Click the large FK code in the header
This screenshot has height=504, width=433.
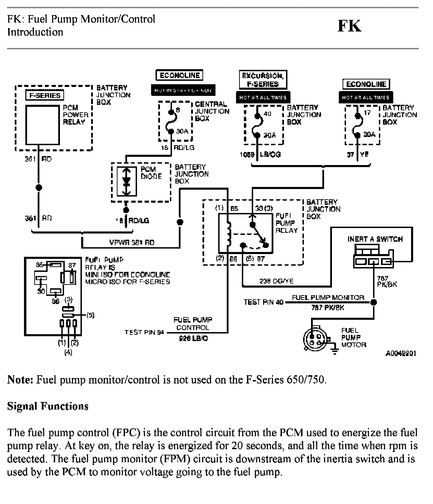349,26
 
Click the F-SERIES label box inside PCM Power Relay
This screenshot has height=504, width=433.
45,96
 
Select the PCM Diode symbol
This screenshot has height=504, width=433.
126,181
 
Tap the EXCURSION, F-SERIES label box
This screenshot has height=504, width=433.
263,80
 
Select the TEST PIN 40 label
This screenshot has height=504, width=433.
263,302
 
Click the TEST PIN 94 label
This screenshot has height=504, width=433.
144,332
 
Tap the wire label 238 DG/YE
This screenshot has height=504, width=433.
276,281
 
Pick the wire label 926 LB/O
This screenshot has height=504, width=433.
193,339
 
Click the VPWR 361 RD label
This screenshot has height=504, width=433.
132,243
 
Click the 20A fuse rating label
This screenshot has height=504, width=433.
270,135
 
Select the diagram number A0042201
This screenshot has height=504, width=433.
400,354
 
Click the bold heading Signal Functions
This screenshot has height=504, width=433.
48,406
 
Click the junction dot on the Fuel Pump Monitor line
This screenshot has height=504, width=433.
374,302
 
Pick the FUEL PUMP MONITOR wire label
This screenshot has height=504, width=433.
328,298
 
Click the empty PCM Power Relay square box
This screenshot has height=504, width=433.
42,125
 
